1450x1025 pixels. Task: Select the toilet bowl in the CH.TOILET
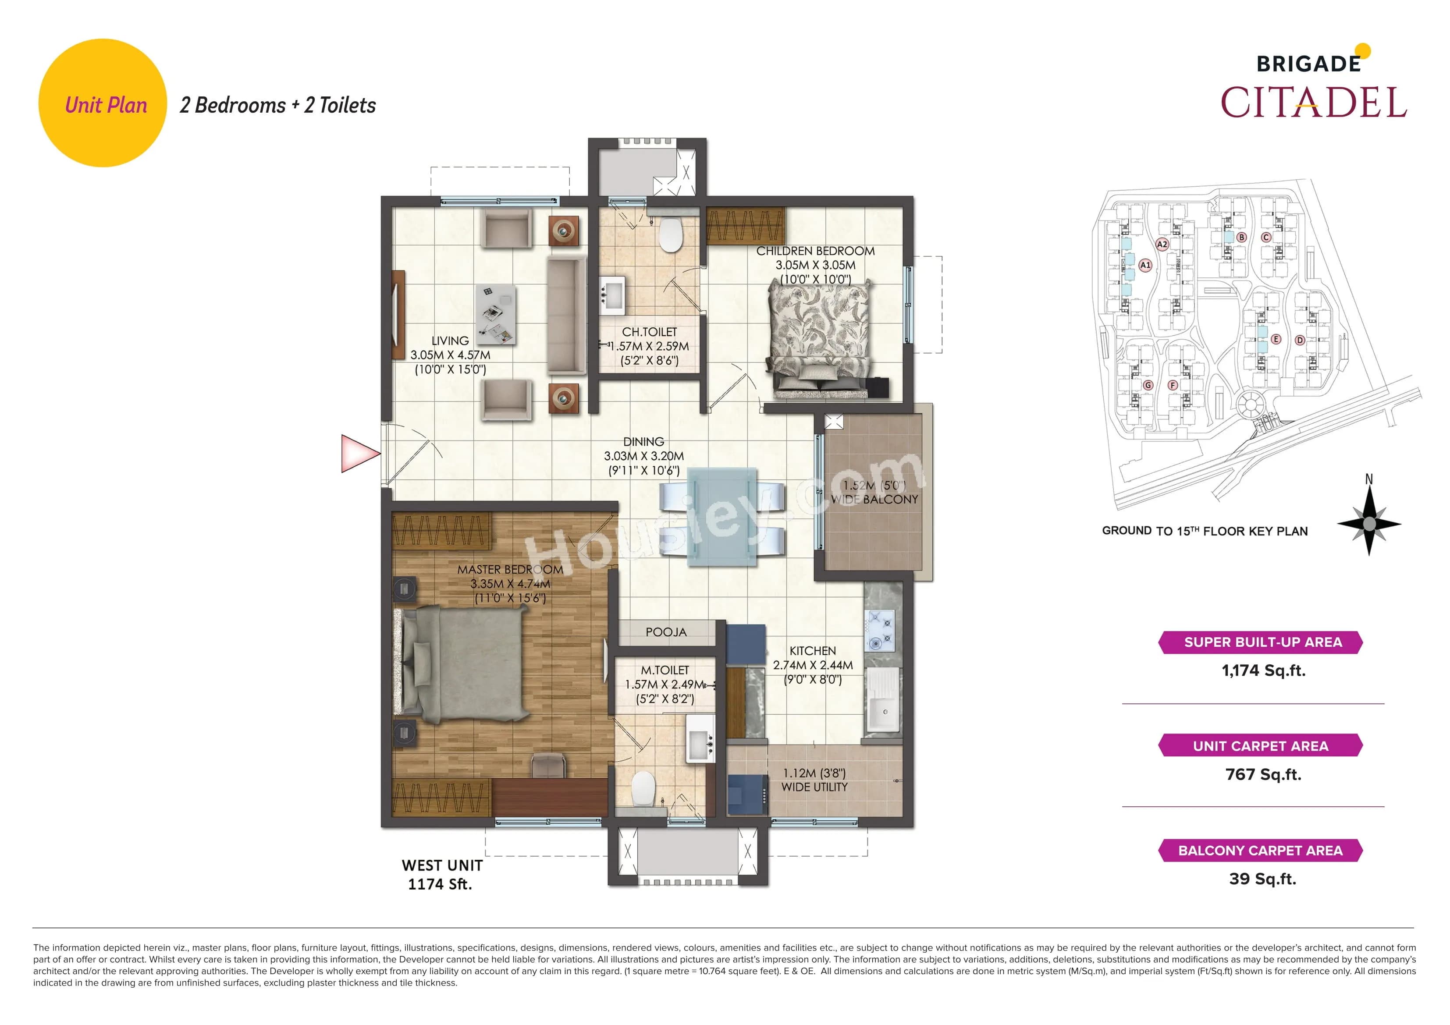tap(670, 235)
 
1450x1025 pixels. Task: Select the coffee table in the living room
tap(496, 314)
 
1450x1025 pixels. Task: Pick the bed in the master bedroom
tap(464, 663)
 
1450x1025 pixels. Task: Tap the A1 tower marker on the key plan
tap(1145, 265)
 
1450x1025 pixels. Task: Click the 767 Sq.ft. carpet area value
tap(1263, 774)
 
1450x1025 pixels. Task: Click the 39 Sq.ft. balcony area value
tap(1262, 879)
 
